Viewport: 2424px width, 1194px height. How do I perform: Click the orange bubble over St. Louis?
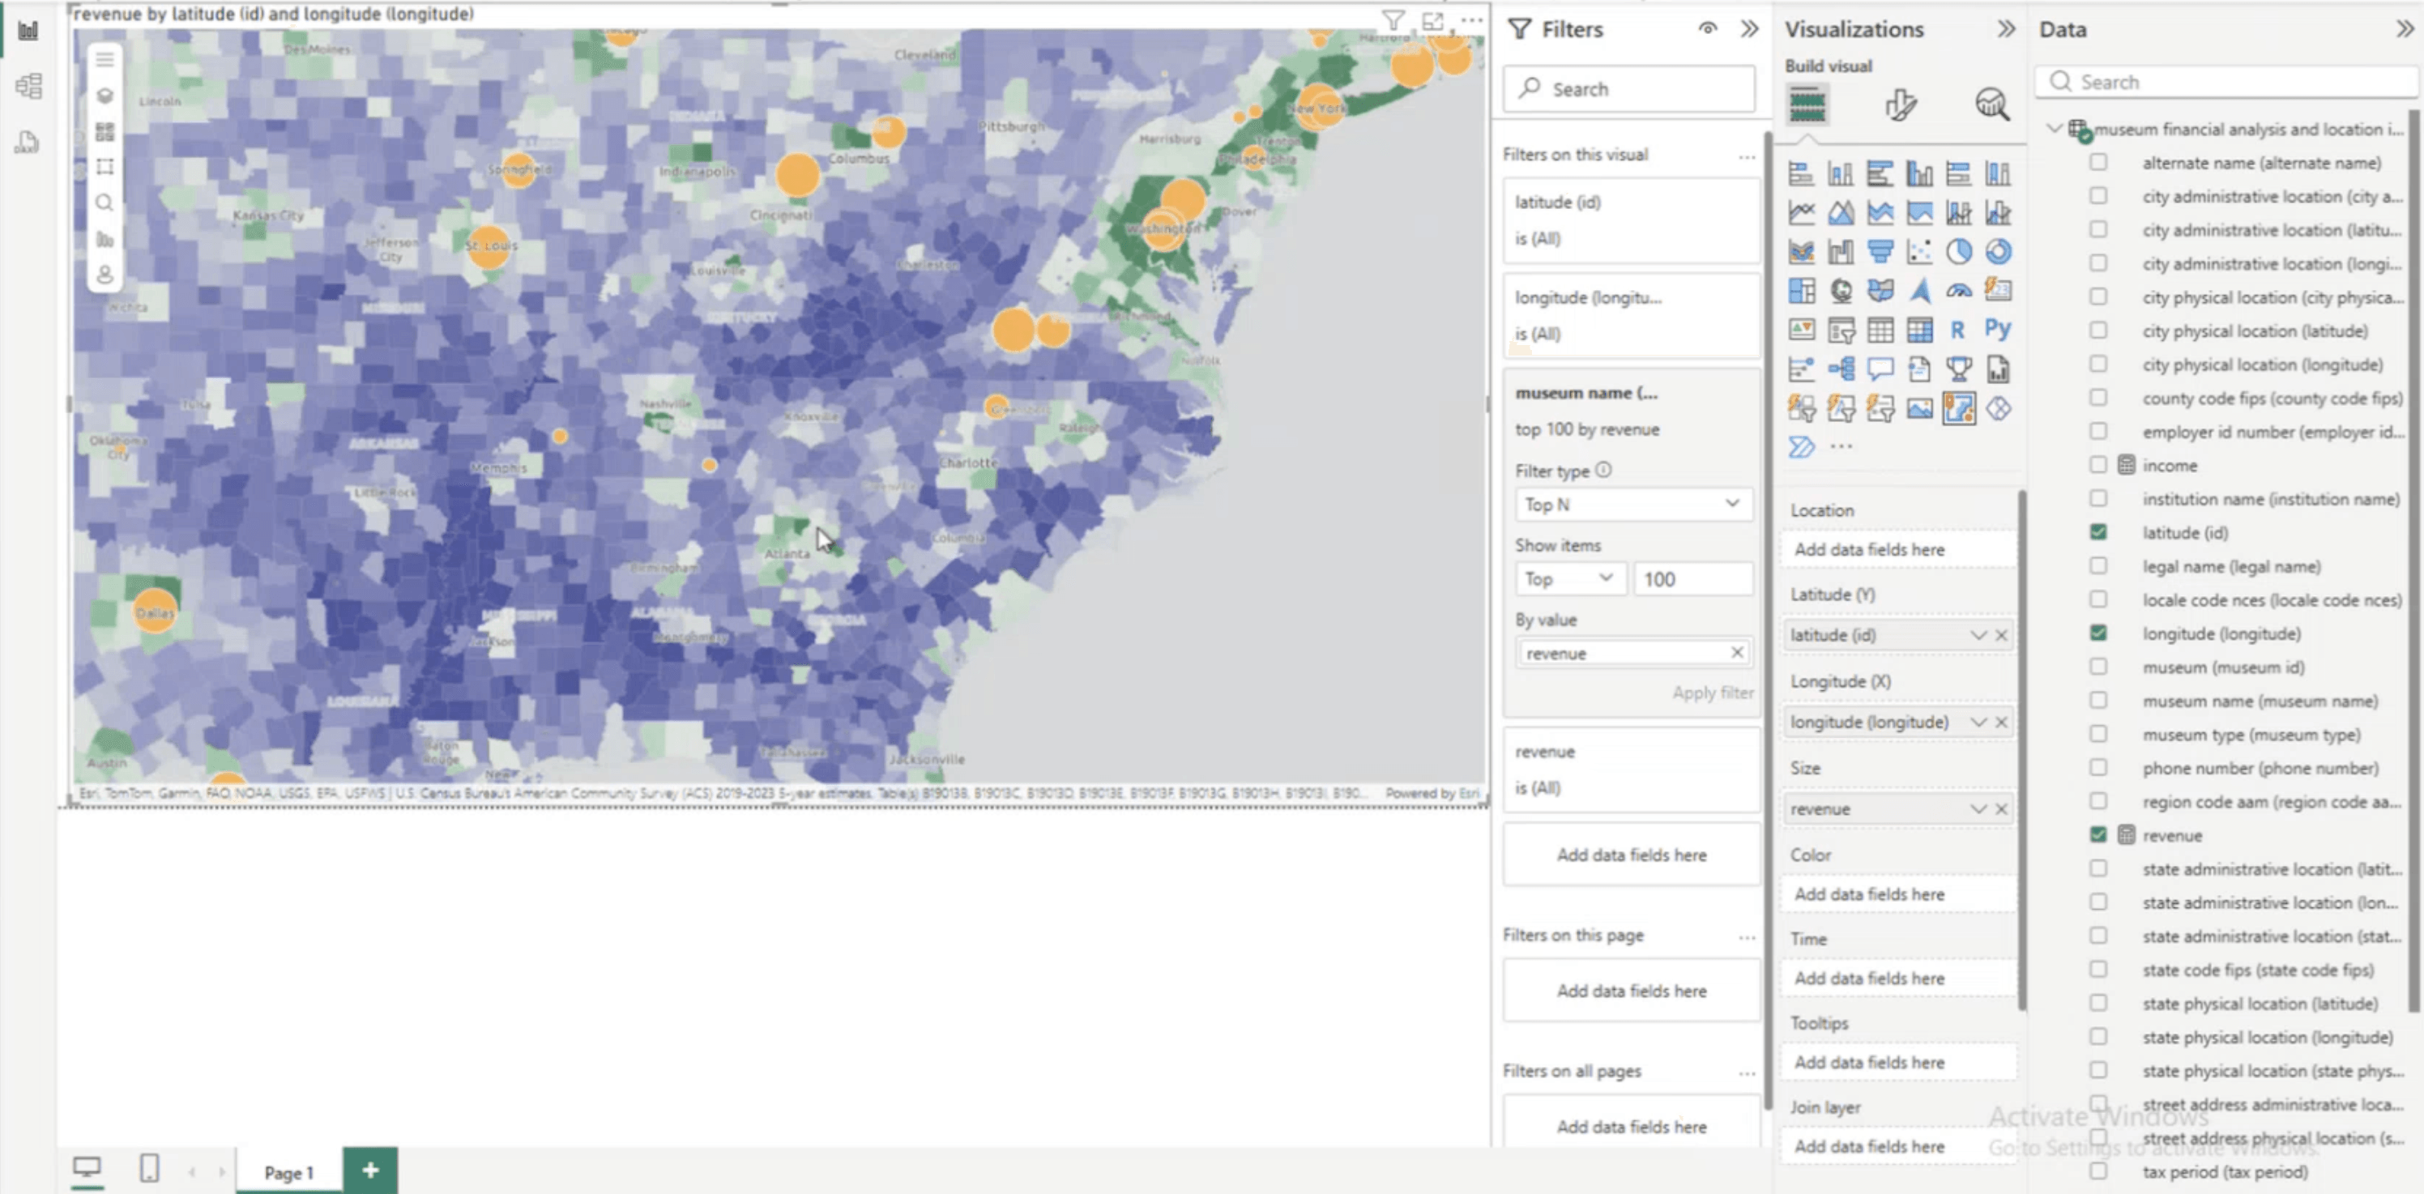click(489, 246)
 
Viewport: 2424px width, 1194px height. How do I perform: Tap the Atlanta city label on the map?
click(787, 553)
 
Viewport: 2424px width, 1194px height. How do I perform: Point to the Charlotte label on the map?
click(968, 463)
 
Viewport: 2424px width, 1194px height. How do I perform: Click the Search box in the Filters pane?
click(1630, 89)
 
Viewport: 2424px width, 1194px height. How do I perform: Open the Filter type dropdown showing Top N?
click(1632, 505)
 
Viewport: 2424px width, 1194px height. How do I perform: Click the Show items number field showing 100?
click(1692, 578)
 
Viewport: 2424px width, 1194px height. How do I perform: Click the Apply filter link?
click(1712, 693)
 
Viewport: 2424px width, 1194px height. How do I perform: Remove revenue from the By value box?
click(1736, 652)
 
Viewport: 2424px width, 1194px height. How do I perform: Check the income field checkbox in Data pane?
click(2098, 465)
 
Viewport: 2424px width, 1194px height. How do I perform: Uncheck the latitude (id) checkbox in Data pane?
click(2098, 531)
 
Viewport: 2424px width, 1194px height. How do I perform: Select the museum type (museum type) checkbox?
click(2098, 734)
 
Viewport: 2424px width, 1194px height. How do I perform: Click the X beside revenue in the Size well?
click(2001, 809)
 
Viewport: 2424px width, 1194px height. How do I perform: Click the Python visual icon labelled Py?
click(1997, 330)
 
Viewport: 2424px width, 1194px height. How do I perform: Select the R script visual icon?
click(1957, 330)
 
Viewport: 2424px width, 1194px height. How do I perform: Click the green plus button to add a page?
click(369, 1170)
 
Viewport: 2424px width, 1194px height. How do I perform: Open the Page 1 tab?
click(288, 1172)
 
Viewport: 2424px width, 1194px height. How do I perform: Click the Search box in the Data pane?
click(2230, 82)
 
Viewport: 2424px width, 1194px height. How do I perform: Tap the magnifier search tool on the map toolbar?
click(105, 203)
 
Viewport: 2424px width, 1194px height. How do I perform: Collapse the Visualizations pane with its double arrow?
click(2005, 29)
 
